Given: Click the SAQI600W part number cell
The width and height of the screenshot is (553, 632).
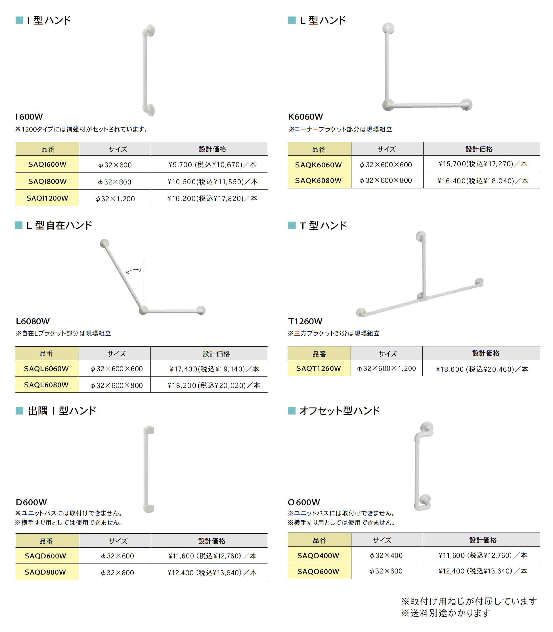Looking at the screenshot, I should [x=47, y=164].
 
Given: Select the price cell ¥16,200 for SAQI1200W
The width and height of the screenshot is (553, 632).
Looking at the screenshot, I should [x=212, y=198].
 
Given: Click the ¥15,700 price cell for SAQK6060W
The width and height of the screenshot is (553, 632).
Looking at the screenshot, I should [x=483, y=164].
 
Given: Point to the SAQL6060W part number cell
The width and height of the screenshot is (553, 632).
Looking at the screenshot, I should [x=46, y=369].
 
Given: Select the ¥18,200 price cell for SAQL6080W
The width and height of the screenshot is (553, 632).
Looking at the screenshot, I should [x=213, y=385].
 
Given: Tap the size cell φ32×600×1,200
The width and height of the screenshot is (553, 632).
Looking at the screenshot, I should [x=386, y=369].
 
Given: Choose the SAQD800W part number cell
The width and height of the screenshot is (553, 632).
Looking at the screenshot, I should [x=45, y=572].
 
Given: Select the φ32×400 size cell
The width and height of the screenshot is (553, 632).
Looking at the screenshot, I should [x=386, y=555].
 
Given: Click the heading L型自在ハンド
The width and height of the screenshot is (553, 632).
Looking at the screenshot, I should [x=59, y=225].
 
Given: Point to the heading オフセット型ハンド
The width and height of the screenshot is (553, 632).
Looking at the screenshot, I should [x=339, y=411].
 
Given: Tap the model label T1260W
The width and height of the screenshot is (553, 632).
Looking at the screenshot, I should [x=305, y=321].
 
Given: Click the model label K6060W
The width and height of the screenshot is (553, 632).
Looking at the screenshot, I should [x=305, y=117].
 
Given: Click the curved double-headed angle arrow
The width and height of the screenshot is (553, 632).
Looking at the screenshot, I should [x=134, y=271].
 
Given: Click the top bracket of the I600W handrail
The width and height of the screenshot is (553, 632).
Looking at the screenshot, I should [x=150, y=31].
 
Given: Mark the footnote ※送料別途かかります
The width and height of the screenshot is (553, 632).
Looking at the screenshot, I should [x=446, y=613].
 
